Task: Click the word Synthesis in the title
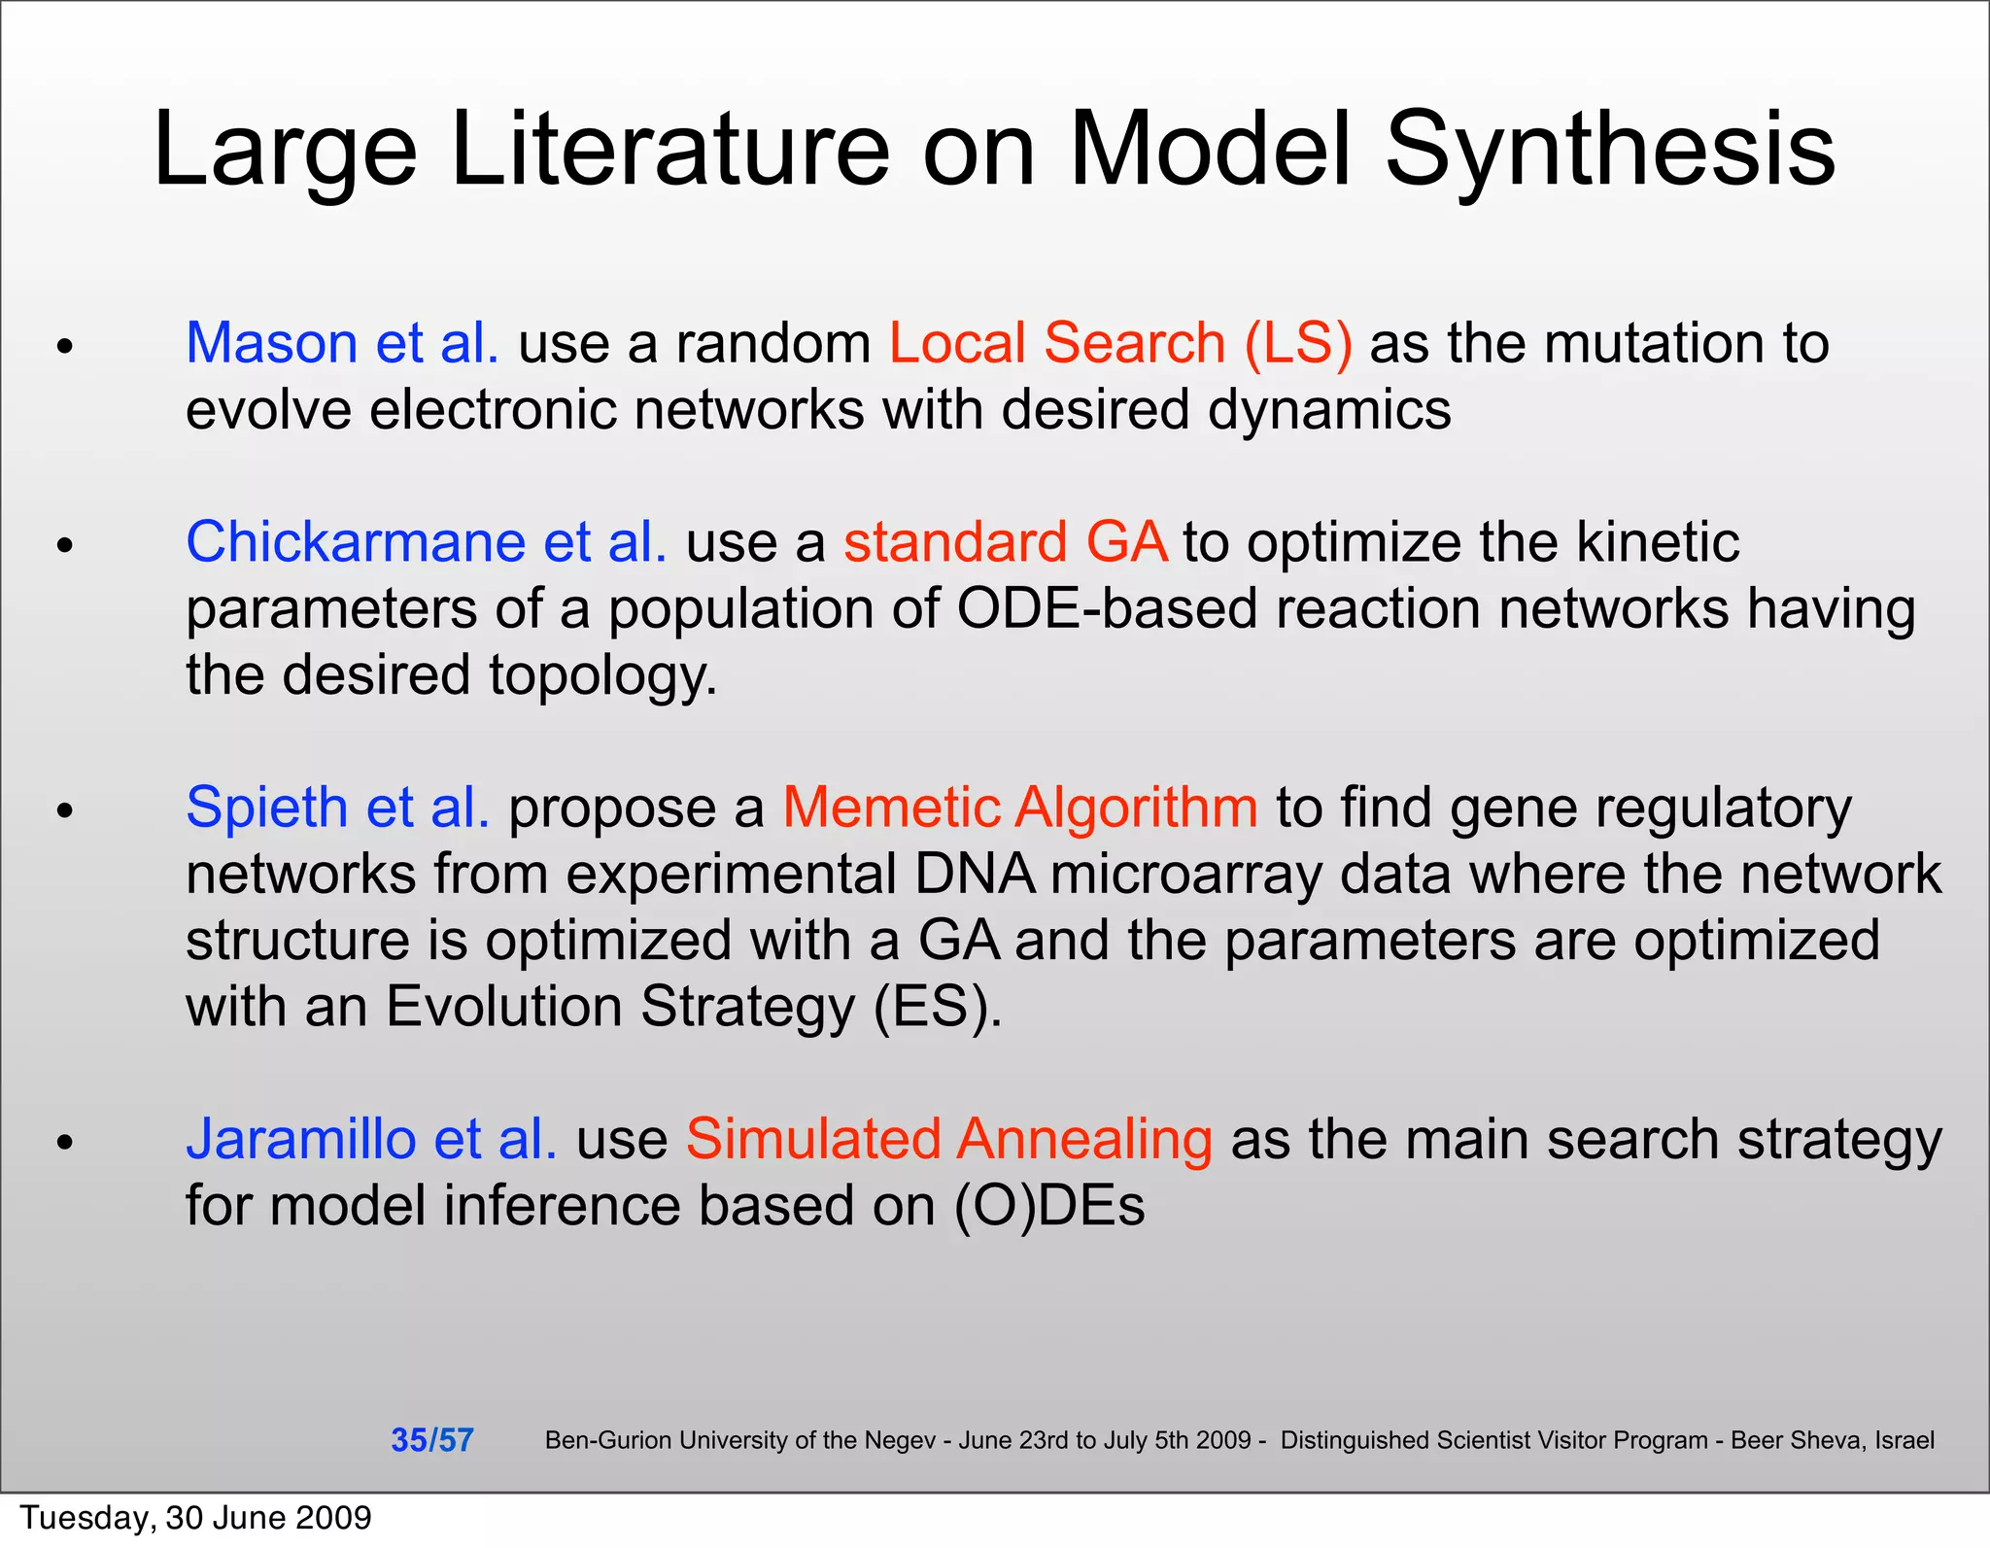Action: [1610, 151]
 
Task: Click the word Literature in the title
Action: [670, 151]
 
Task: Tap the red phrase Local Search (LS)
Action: [1120, 343]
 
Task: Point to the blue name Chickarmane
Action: [356, 542]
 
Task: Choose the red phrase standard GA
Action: [1005, 542]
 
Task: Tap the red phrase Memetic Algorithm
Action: [1020, 808]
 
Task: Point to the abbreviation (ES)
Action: [937, 1007]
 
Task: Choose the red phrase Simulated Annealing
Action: [949, 1139]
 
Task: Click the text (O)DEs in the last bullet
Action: [1049, 1206]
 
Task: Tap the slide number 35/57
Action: [431, 1440]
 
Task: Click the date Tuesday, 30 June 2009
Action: [195, 1518]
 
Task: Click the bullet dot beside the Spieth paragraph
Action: [65, 809]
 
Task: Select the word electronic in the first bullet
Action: [494, 409]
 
